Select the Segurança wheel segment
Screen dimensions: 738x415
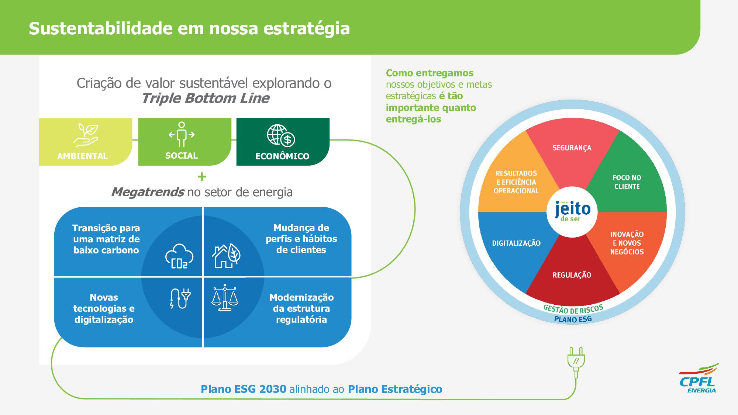point(572,155)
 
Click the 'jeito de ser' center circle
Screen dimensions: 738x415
point(572,212)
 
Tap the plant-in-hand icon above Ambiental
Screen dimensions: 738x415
point(86,135)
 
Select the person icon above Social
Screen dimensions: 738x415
point(181,134)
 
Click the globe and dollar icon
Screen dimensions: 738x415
point(281,135)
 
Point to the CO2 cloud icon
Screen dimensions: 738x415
point(179,256)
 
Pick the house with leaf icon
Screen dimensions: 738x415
point(226,255)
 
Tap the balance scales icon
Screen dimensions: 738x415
point(225,297)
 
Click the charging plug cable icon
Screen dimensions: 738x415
point(180,298)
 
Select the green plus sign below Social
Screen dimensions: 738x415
point(201,177)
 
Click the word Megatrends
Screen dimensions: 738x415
point(148,192)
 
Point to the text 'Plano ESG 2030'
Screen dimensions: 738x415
point(244,389)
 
